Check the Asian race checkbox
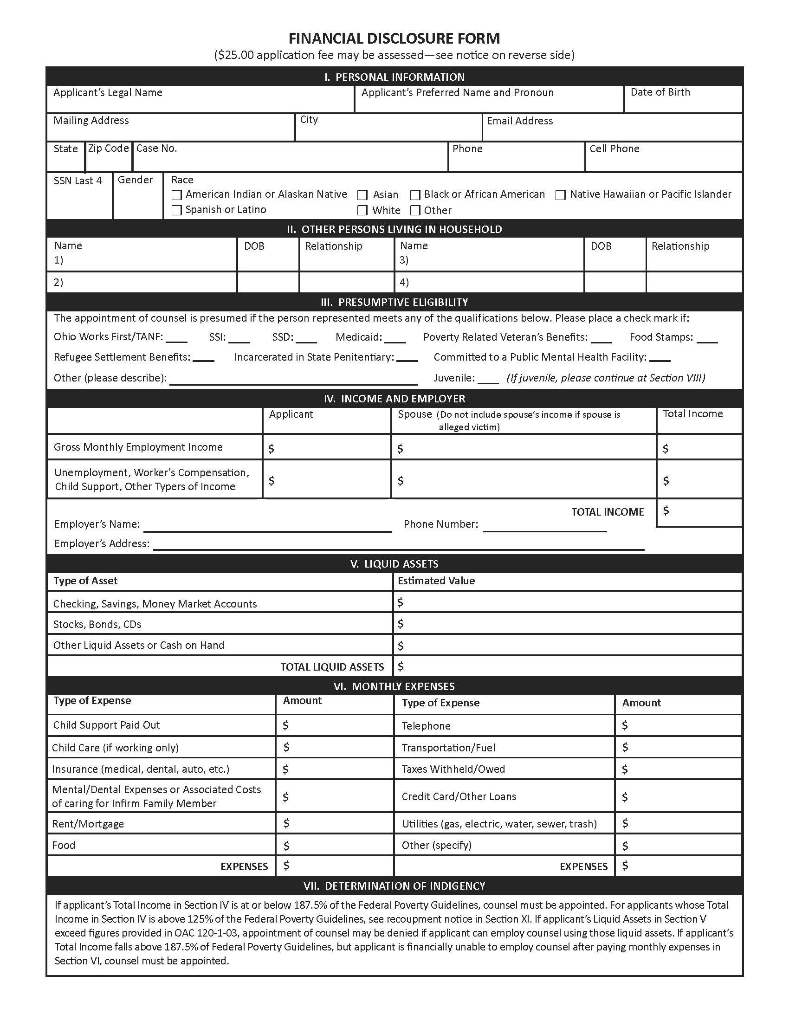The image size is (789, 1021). [362, 195]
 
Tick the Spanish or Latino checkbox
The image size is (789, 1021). [177, 210]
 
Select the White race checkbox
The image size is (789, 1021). [362, 210]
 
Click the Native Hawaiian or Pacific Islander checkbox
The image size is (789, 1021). [561, 195]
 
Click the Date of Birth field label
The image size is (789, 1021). [660, 92]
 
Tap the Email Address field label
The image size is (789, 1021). [519, 121]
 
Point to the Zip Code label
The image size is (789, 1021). [109, 149]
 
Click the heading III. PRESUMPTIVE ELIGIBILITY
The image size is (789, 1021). [394, 302]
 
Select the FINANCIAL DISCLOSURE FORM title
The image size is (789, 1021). [394, 39]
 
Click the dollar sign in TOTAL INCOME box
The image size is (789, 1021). [666, 510]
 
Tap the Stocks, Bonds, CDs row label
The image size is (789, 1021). [97, 625]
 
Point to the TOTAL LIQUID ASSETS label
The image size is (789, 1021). [332, 667]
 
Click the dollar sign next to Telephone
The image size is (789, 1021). [625, 725]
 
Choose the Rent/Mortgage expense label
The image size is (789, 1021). [88, 824]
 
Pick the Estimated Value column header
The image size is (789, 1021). [436, 581]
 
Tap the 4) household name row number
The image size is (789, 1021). [404, 282]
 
